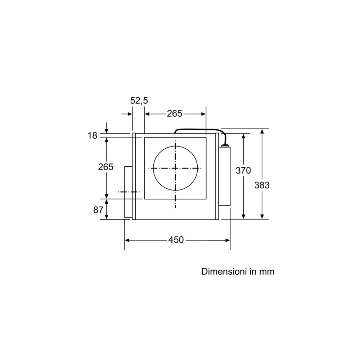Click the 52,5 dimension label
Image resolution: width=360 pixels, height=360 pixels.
(x=139, y=101)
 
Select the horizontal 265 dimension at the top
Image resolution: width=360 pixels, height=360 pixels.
(x=175, y=114)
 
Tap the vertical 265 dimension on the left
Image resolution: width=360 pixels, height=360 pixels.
(x=106, y=167)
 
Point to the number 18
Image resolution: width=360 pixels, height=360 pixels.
(x=92, y=136)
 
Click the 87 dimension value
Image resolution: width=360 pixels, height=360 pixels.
(x=98, y=210)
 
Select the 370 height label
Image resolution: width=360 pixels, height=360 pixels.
(x=243, y=171)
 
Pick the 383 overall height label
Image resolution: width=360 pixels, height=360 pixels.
(x=262, y=185)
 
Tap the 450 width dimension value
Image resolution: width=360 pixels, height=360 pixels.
(x=176, y=240)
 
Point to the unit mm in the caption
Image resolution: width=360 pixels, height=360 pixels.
(x=267, y=271)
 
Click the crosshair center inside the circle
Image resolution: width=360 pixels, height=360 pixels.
(x=175, y=168)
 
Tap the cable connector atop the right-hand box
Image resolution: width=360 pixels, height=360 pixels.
(x=225, y=145)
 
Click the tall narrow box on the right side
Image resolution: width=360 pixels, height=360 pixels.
(x=225, y=176)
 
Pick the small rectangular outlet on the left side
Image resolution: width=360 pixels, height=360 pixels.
(x=128, y=192)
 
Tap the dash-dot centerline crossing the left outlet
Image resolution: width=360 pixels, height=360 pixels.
(x=129, y=192)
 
